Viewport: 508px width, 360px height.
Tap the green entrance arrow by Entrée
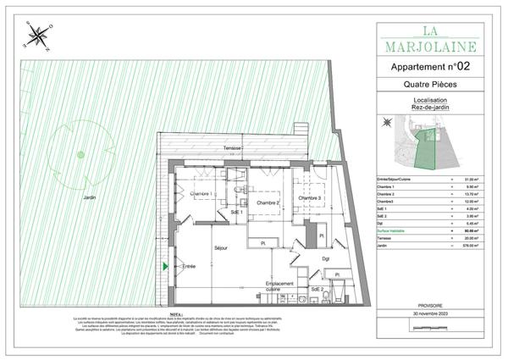(x=165, y=266)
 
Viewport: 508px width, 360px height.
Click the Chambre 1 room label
(x=201, y=194)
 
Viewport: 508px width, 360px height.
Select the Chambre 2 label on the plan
(x=263, y=203)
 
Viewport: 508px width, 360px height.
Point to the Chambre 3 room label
(x=309, y=198)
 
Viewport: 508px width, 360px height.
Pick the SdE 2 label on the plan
(x=317, y=290)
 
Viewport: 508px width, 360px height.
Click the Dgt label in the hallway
(x=324, y=258)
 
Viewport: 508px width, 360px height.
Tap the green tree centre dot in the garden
(x=80, y=154)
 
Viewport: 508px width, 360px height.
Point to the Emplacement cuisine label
(x=279, y=285)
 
